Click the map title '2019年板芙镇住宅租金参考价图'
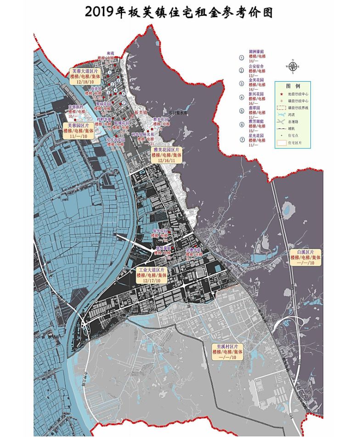tap(179, 12)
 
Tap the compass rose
tap(292, 66)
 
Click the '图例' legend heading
tap(292, 86)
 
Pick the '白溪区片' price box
tap(305, 257)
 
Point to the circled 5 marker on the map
tap(123, 93)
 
